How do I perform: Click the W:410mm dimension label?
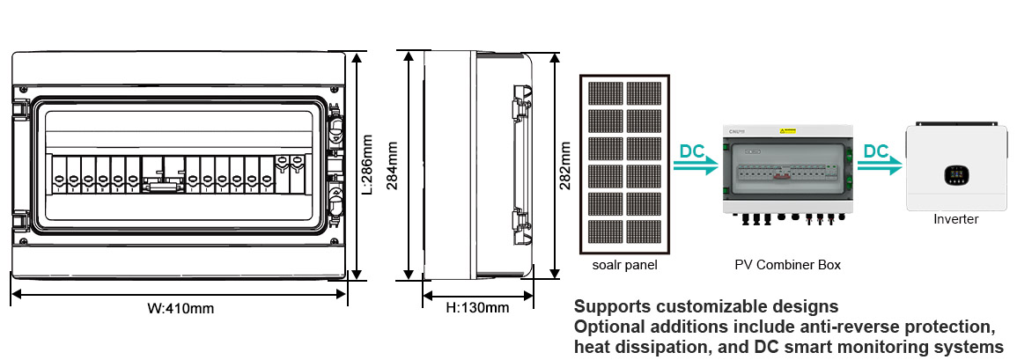[180, 309]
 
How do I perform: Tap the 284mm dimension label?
[394, 165]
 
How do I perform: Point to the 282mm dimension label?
[566, 165]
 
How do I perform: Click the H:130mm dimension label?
[477, 308]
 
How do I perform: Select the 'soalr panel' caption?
[624, 264]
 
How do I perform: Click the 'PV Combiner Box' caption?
[787, 264]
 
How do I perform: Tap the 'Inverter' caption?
[955, 219]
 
